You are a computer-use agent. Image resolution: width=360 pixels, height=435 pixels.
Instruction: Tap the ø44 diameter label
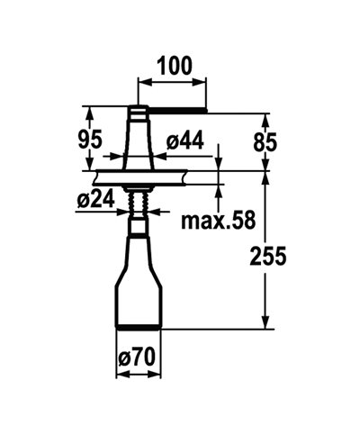click(x=186, y=140)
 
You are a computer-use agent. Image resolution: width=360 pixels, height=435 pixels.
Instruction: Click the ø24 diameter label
click(x=94, y=200)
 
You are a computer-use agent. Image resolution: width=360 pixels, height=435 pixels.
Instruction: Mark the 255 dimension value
click(x=267, y=256)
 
